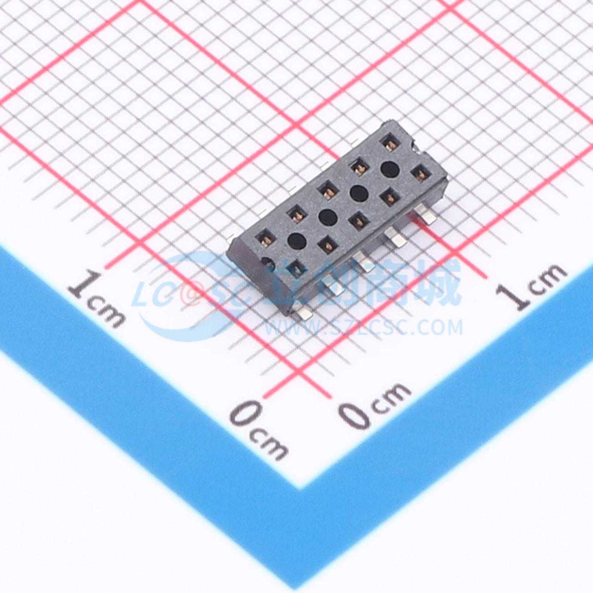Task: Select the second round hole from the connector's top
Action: point(359,193)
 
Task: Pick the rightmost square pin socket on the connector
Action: point(421,174)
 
